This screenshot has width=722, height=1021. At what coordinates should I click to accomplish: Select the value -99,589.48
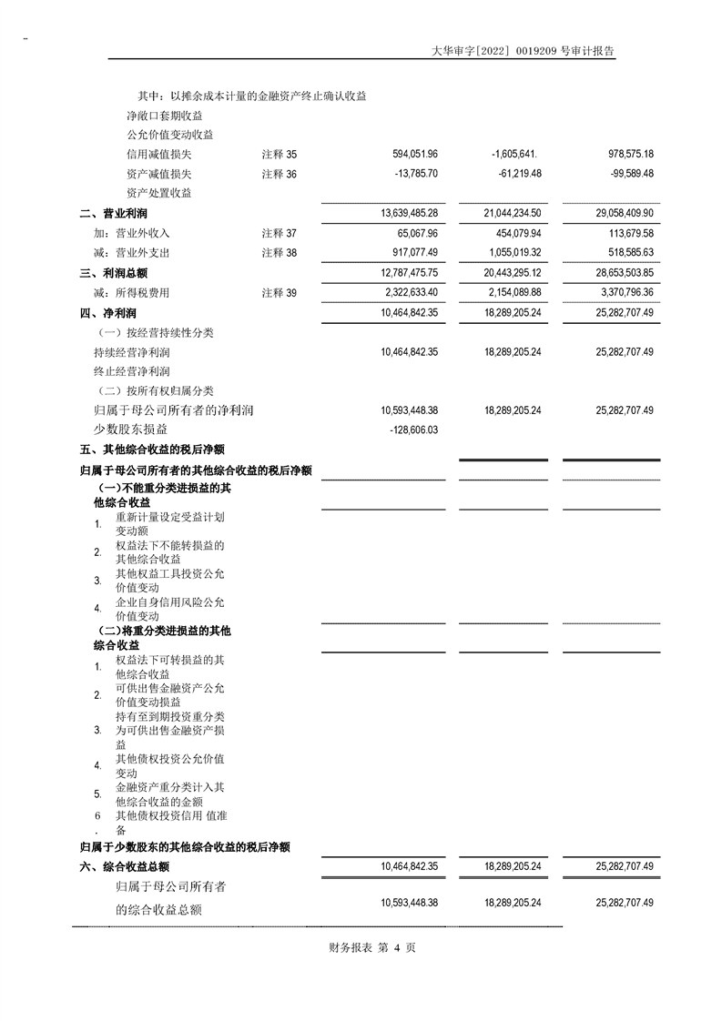(625, 174)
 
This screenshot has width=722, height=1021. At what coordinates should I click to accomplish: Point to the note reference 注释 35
(279, 155)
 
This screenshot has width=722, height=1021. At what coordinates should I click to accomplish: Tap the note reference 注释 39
(279, 293)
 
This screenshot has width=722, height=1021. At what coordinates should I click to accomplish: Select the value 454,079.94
(513, 233)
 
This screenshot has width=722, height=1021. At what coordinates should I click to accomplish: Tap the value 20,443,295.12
(513, 272)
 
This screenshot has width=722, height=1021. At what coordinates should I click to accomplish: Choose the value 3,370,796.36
(625, 293)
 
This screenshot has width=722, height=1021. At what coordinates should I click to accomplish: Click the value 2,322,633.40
(409, 293)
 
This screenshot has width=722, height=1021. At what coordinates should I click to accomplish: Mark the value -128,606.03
(413, 430)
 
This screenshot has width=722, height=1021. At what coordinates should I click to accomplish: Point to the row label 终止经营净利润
(131, 372)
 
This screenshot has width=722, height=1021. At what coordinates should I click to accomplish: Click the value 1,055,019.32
(513, 253)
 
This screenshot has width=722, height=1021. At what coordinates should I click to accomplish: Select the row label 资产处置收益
(158, 193)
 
